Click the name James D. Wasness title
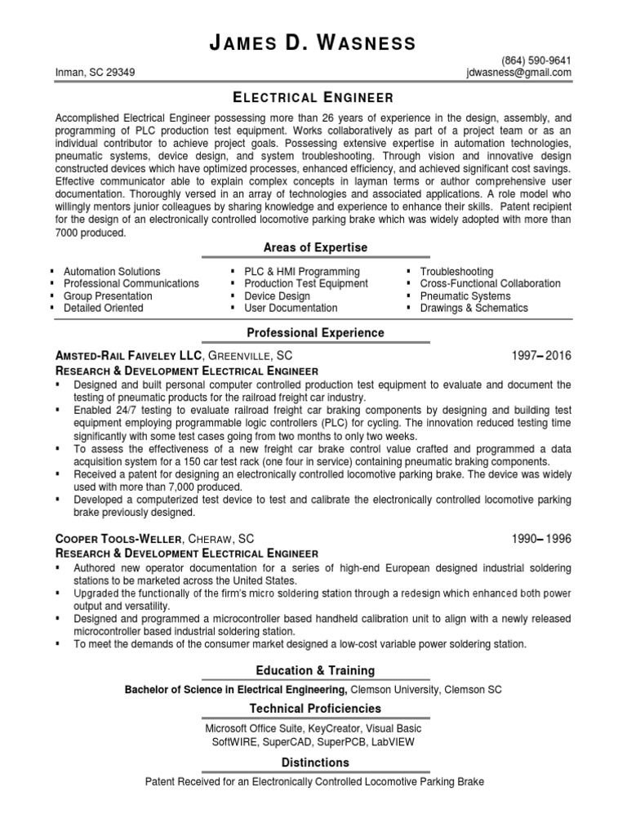tap(314, 42)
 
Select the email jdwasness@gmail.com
tap(516, 72)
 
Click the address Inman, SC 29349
tap(96, 72)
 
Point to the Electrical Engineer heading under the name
tap(314, 97)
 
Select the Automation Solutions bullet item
tap(112, 272)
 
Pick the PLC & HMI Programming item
tap(296, 272)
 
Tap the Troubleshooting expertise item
tap(456, 272)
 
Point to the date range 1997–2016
tap(541, 356)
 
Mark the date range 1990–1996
tap(541, 539)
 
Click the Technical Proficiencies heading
tap(314, 709)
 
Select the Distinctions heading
tap(314, 763)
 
